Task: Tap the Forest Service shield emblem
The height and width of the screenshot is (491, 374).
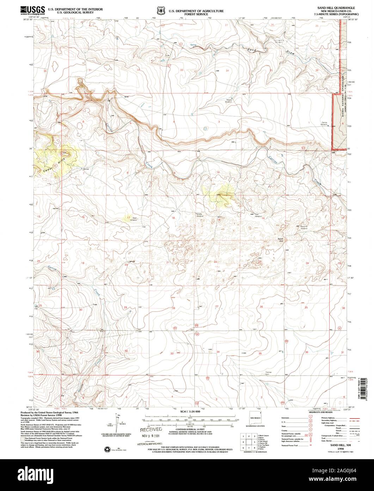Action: [x=161, y=11]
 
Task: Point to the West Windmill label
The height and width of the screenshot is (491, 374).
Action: [x=134, y=219]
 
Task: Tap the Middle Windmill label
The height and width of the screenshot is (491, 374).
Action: [x=200, y=215]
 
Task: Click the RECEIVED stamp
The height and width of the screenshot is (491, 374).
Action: [x=151, y=430]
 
